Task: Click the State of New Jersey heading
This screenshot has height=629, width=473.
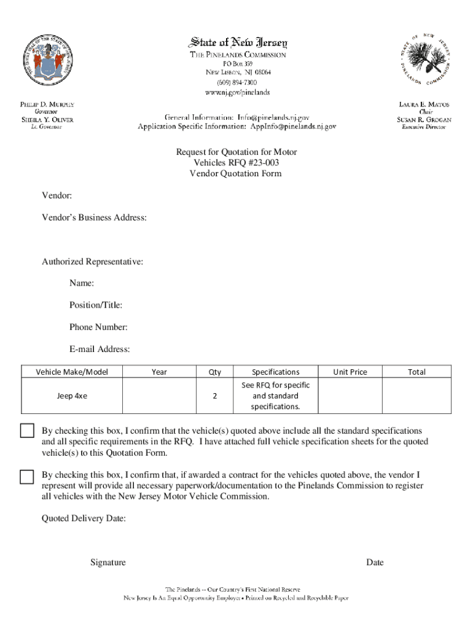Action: [237, 42]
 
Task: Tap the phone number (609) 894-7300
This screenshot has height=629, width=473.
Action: [237, 82]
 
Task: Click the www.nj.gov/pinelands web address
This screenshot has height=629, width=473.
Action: [237, 92]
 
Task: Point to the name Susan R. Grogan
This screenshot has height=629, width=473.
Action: [424, 120]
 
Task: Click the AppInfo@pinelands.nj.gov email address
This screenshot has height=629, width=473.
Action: [292, 126]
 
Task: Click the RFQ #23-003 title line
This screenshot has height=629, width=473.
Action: [237, 162]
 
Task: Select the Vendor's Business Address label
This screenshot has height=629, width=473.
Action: [94, 217]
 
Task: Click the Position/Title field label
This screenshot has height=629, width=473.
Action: [95, 305]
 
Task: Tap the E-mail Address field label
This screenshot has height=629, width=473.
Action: [99, 350]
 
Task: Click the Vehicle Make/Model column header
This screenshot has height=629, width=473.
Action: [72, 372]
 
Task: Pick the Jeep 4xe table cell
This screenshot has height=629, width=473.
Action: [72, 396]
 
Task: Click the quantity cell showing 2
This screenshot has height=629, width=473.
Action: [214, 396]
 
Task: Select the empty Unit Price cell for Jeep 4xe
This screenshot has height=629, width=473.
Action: [350, 396]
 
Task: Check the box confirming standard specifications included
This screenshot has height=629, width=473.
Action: [27, 431]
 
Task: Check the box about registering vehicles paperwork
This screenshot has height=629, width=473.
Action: [27, 476]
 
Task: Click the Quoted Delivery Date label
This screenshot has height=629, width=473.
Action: [84, 519]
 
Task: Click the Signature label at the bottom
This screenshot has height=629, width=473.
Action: [108, 563]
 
